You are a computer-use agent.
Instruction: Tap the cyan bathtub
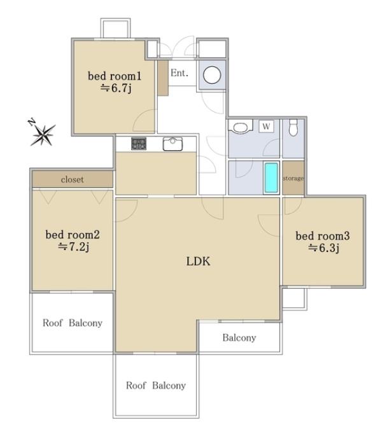(271, 178)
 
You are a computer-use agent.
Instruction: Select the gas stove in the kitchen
(139, 144)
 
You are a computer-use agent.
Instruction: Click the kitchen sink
(173, 144)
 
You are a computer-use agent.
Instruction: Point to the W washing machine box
(266, 127)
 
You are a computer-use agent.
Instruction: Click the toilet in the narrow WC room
(293, 127)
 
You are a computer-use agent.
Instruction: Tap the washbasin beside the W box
(240, 127)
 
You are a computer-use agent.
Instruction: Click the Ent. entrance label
(180, 73)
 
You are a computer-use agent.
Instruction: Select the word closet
(73, 179)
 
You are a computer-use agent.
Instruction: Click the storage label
(293, 178)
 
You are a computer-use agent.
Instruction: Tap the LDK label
(198, 261)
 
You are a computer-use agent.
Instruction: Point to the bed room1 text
(115, 76)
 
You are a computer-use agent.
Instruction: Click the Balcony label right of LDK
(239, 338)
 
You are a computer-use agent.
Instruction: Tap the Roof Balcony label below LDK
(156, 385)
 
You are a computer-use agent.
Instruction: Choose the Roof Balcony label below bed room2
(73, 323)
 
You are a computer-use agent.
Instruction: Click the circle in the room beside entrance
(212, 75)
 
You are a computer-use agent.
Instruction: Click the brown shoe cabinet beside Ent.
(163, 78)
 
